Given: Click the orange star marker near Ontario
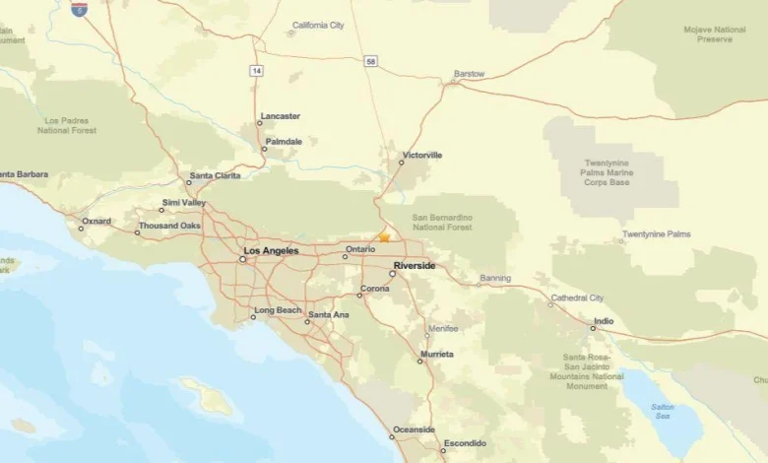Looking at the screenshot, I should pyautogui.click(x=384, y=236).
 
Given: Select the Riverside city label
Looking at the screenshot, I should pyautogui.click(x=414, y=266).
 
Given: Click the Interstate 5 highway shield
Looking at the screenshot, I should pyautogui.click(x=79, y=8).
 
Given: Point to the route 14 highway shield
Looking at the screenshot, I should pyautogui.click(x=257, y=71).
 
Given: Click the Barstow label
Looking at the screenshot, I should pyautogui.click(x=469, y=74).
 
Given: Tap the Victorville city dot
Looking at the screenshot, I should pyautogui.click(x=402, y=163).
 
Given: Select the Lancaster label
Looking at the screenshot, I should pyautogui.click(x=281, y=116).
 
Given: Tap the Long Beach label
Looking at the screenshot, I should pyautogui.click(x=278, y=310).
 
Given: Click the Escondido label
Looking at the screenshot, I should pyautogui.click(x=465, y=443).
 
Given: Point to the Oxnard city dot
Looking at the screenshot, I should pyautogui.click(x=82, y=228).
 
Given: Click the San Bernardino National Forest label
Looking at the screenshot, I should pyautogui.click(x=442, y=222).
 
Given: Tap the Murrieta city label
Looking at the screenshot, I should pyautogui.click(x=437, y=354).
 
